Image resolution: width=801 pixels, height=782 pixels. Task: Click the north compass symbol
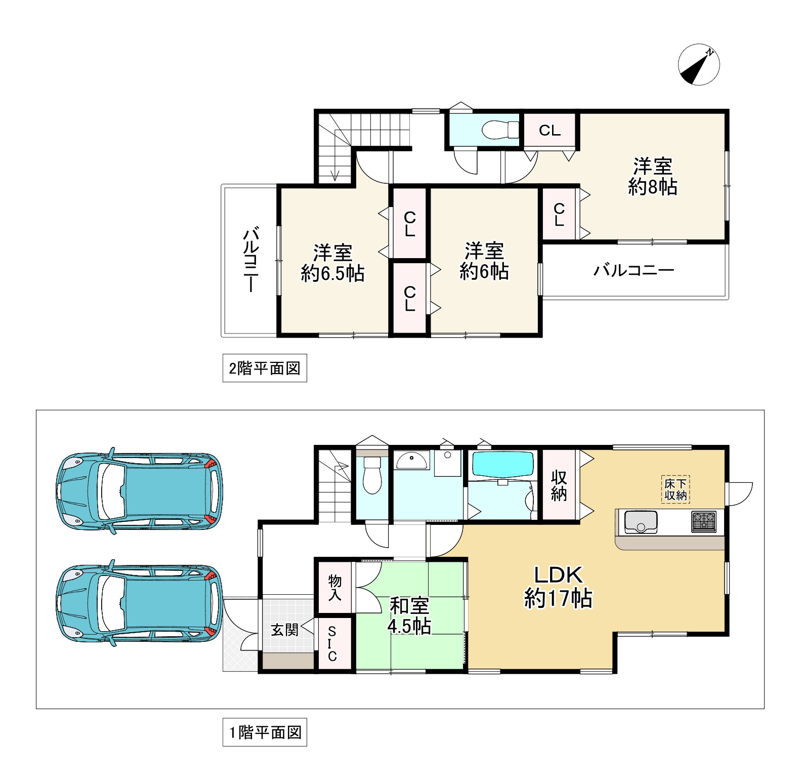698,64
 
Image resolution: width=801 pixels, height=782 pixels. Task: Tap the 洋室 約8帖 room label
652,177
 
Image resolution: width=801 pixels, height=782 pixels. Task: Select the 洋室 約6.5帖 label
332,263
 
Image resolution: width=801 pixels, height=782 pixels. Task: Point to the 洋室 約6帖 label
484,261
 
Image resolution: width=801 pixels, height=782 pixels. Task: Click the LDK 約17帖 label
558,587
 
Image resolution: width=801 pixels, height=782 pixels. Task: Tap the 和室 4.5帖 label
409,616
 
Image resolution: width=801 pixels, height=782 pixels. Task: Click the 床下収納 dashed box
676,489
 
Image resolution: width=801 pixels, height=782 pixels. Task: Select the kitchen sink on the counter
641,522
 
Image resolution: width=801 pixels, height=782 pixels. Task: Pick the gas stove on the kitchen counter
704,522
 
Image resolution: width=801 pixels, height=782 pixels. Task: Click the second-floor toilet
500,130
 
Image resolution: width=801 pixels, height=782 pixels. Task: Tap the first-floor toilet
372,476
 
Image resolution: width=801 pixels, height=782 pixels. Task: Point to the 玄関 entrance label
285,630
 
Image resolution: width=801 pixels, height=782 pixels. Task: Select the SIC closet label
332,644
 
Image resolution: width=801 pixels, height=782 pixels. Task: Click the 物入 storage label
334,588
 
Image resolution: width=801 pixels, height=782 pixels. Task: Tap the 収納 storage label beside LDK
559,485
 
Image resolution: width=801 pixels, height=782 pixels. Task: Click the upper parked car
139,491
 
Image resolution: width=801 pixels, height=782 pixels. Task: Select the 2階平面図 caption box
265,368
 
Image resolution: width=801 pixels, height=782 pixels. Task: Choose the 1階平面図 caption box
265,732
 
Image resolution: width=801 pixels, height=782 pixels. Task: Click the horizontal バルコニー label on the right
634,270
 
